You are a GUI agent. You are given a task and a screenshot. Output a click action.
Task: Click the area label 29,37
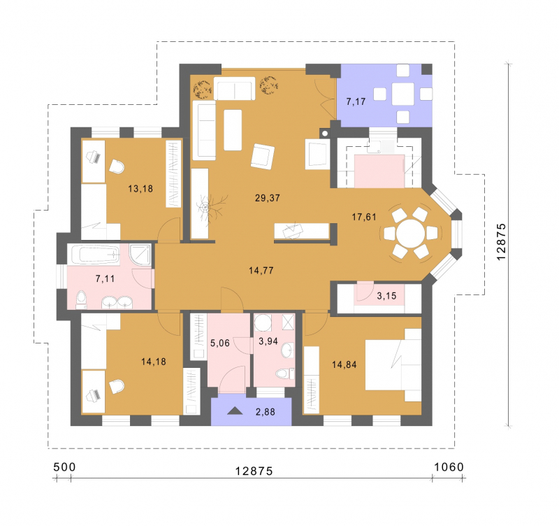pos(268,198)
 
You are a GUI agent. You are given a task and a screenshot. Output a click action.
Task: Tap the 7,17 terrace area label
pos(356,101)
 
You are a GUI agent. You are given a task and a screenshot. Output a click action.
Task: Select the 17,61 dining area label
pos(364,217)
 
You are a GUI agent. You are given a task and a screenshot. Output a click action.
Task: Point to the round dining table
pos(411,234)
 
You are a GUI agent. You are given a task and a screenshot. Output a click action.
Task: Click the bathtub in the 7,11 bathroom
pos(94,254)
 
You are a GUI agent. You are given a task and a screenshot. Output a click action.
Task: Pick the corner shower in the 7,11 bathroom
pos(140,255)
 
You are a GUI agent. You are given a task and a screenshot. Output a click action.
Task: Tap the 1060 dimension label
pos(449,467)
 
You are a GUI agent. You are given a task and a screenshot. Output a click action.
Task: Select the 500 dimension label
pos(64,467)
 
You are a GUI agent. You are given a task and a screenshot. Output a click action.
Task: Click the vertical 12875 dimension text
pos(501,241)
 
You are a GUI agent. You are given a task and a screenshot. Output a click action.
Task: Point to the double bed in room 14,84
pos(393,364)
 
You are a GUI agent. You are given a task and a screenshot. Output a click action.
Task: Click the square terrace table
pos(403,94)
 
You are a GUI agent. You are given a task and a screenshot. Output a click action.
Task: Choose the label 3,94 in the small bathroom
pos(268,341)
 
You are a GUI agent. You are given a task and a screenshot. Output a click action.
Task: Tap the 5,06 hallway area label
pos(220,343)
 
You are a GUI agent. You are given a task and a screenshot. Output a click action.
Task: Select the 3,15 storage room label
pos(386,296)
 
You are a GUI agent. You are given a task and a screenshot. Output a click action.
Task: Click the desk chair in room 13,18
pos(117,166)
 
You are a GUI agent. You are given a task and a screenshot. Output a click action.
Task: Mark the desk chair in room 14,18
pos(117,387)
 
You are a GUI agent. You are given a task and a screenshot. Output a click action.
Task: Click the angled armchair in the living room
pos(263,157)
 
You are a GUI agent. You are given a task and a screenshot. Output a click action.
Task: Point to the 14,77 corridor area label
pos(261,271)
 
